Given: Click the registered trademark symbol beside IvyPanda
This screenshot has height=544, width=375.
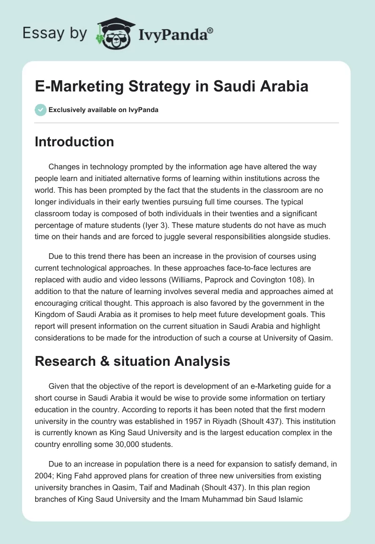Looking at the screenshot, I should pyautogui.click(x=210, y=30).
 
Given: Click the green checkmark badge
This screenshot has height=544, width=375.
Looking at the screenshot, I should pyautogui.click(x=40, y=110).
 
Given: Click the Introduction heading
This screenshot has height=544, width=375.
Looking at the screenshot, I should pyautogui.click(x=74, y=142).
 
